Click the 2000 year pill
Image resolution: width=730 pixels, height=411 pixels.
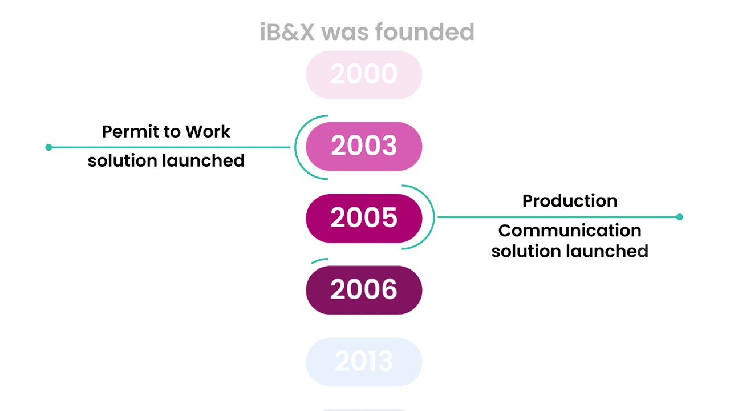[364, 75]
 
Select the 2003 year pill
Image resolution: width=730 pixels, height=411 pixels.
[364, 146]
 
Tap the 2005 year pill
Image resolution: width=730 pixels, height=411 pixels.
[364, 218]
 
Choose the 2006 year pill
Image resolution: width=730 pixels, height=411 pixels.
[364, 290]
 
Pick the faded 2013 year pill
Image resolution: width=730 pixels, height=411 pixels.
[364, 362]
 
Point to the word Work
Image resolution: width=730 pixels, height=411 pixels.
[208, 132]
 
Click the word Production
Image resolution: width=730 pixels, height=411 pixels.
[570, 201]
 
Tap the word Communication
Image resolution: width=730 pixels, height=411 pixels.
[570, 231]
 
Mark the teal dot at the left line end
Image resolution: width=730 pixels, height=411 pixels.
[48, 147]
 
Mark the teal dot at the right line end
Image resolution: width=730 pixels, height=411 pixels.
[679, 217]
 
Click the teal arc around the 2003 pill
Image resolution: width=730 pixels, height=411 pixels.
[296, 147]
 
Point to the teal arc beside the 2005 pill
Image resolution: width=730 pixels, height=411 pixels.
[432, 217]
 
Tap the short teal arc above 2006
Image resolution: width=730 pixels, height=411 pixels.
[319, 260]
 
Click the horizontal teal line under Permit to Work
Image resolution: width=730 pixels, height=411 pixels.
[171, 147]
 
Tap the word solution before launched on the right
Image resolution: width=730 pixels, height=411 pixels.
[526, 251]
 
